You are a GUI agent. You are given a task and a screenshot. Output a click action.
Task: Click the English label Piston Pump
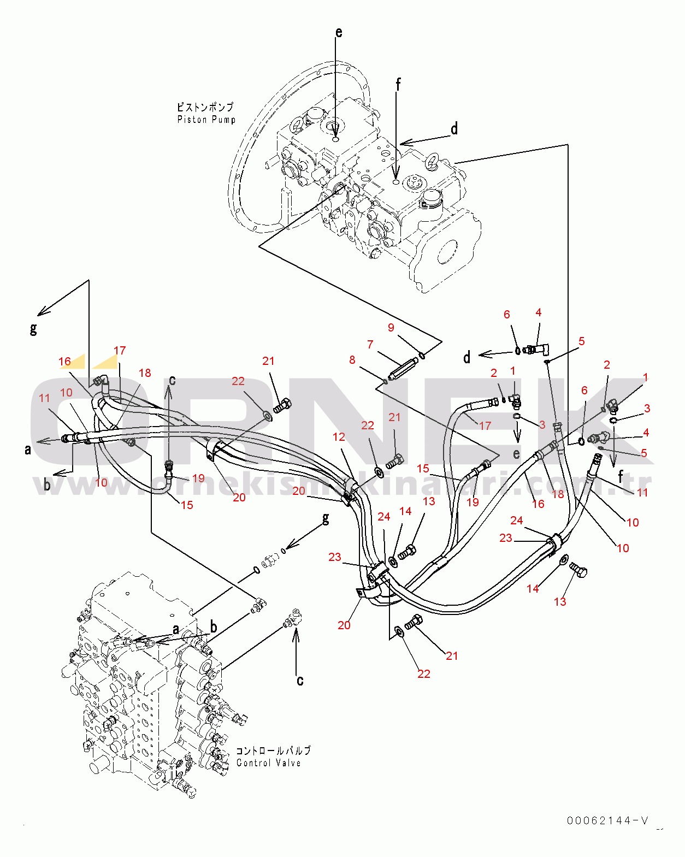[x=206, y=120]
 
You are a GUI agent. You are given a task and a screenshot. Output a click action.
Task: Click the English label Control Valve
[x=268, y=763]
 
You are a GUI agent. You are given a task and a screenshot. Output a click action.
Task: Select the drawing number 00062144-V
[x=608, y=820]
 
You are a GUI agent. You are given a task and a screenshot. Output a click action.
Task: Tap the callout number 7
[x=370, y=344]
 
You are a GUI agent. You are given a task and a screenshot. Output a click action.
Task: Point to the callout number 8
[x=352, y=360]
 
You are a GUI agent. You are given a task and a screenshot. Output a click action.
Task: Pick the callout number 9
[x=391, y=327]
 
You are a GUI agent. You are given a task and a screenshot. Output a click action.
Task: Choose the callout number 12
[x=339, y=437]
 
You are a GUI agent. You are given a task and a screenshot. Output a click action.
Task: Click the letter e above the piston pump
[x=339, y=32]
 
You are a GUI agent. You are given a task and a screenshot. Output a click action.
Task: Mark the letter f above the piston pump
[x=398, y=84]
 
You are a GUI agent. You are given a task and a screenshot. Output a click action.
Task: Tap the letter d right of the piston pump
[x=454, y=128]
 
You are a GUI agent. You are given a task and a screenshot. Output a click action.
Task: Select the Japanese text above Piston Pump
[x=205, y=107]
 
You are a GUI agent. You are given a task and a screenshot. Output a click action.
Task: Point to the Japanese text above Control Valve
[x=273, y=750]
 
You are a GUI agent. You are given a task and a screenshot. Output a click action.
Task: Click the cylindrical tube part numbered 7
[x=404, y=368]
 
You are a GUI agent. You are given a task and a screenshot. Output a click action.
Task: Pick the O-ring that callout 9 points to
[x=422, y=355]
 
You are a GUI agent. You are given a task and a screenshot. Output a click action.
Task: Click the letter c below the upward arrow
[x=300, y=680]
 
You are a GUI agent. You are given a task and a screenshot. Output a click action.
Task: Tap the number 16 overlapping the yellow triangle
[x=64, y=362]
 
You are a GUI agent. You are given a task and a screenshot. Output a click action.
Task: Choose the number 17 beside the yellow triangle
[x=120, y=351]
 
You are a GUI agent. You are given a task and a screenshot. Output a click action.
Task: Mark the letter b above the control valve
[x=214, y=627]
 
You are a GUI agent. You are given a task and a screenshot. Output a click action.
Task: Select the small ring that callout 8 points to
[x=385, y=381]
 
